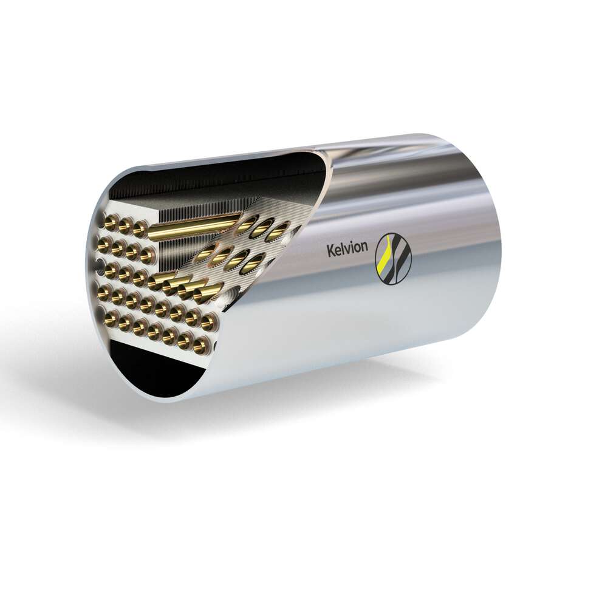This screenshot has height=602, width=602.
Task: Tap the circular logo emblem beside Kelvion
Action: coord(393,259)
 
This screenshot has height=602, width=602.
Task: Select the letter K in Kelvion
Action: coord(330,250)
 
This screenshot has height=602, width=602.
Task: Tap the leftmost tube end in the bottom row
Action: coord(110,317)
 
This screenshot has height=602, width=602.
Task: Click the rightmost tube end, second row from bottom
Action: coord(208,320)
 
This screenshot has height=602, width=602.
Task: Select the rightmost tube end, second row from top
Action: coord(147,256)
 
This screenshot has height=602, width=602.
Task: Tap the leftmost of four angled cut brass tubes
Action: coord(159,281)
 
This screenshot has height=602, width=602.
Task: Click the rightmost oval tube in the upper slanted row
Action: coord(279,230)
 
